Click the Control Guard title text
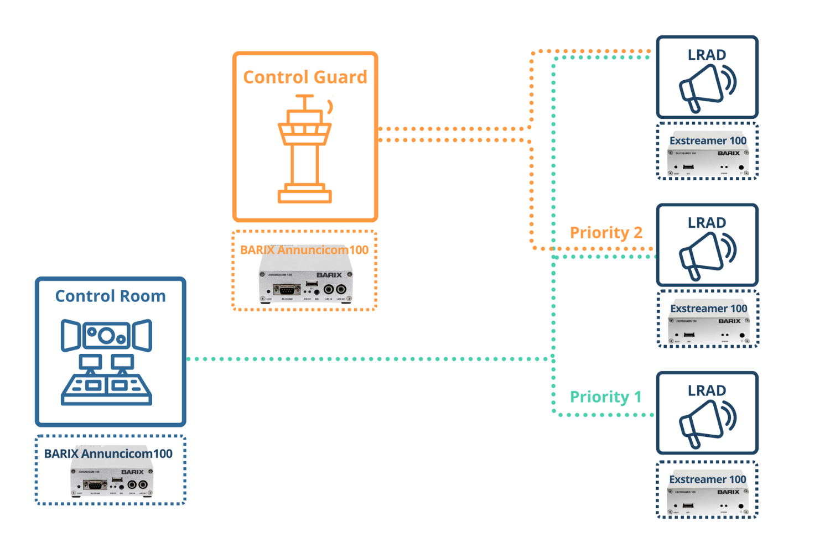coord(305,77)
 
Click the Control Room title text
coord(110,296)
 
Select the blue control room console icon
coord(106,362)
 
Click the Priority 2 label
coord(606,232)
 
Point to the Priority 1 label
coord(605,397)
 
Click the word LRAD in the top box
coord(707,55)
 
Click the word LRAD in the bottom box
coord(707,390)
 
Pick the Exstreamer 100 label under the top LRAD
coord(708,140)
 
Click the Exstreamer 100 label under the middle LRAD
coord(708,308)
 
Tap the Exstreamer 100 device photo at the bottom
coord(708,499)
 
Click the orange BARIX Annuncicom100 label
coord(304,250)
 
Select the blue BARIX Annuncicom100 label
coord(108,453)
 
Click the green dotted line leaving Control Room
coord(365,359)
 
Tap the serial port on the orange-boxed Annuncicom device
coord(287,289)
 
